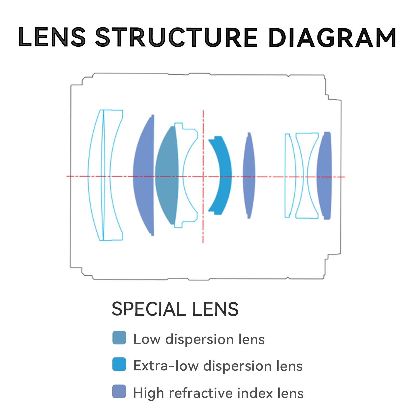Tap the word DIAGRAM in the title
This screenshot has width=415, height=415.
coord(332,38)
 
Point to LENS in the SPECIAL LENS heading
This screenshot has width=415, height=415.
coord(215,309)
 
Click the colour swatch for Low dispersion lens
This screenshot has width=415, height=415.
coord(119,338)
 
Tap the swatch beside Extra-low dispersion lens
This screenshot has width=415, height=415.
coord(119,364)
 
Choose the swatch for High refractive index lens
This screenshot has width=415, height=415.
coord(119,391)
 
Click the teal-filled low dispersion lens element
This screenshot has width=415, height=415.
coord(167,175)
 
